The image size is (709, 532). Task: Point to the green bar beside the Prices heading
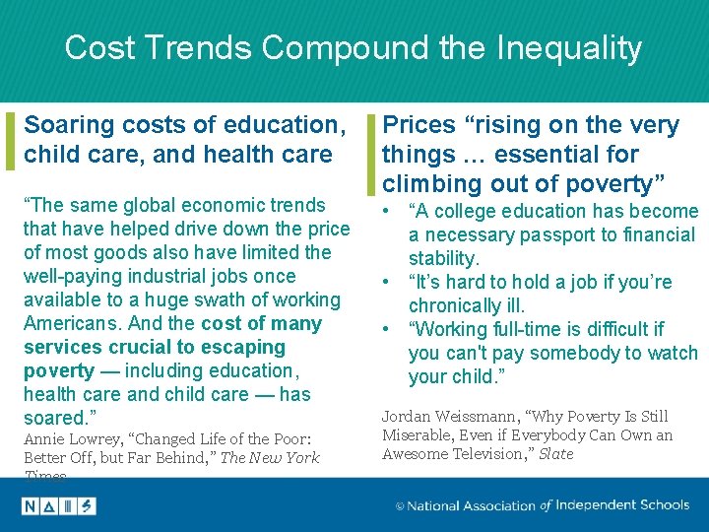point(370,154)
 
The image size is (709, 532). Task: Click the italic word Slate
point(556,454)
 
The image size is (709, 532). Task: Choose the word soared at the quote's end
point(55,418)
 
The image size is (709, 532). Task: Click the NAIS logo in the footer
point(59,505)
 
